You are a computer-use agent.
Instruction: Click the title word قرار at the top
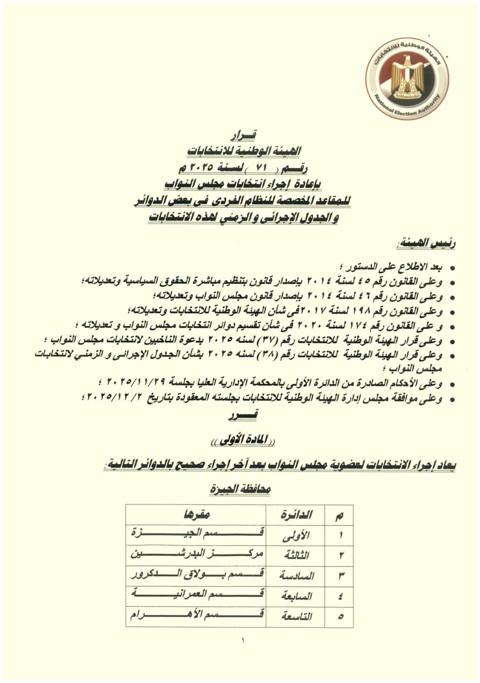[x=242, y=135]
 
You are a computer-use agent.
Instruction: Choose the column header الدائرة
[x=297, y=515]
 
